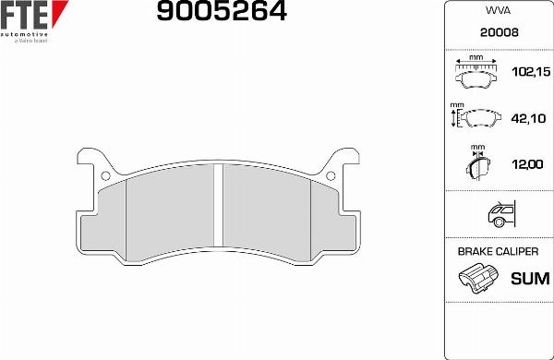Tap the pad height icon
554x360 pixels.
tap(475, 117)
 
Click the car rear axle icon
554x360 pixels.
tap(499, 215)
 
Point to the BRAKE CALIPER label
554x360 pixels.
tap(499, 251)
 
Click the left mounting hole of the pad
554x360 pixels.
tap(106, 175)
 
